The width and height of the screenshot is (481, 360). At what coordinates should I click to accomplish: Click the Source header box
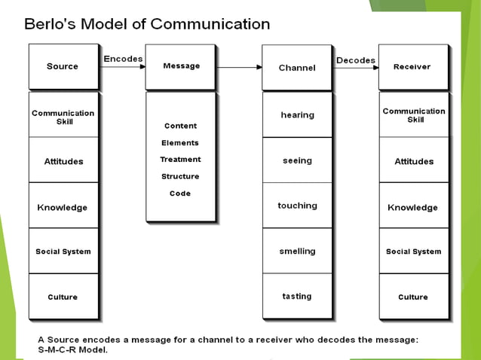63,66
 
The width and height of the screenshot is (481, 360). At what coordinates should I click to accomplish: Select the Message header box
180,66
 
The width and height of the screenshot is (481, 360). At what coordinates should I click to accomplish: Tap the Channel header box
296,68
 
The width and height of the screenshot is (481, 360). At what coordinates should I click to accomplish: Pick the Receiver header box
412,67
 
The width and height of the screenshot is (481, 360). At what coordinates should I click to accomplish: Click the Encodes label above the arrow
123,59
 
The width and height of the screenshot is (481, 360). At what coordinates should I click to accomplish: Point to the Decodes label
356,60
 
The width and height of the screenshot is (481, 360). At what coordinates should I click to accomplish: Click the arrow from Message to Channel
238,68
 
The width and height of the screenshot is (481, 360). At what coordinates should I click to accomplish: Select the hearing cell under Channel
297,114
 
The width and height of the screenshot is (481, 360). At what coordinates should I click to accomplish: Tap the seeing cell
297,160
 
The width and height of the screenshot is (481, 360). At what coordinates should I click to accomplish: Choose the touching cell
297,206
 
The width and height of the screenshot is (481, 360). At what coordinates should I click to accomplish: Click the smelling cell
297,251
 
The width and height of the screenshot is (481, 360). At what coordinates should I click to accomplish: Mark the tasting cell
297,296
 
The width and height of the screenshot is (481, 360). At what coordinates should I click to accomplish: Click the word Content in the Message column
180,126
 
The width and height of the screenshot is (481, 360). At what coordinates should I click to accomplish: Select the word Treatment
180,160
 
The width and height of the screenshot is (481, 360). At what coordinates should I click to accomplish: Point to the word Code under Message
180,194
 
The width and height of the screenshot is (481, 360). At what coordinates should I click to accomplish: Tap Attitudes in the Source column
63,161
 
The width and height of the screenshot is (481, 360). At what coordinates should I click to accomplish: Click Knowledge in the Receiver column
412,207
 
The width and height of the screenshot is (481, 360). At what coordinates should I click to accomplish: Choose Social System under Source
63,252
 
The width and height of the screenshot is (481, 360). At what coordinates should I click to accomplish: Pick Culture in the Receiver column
412,297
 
